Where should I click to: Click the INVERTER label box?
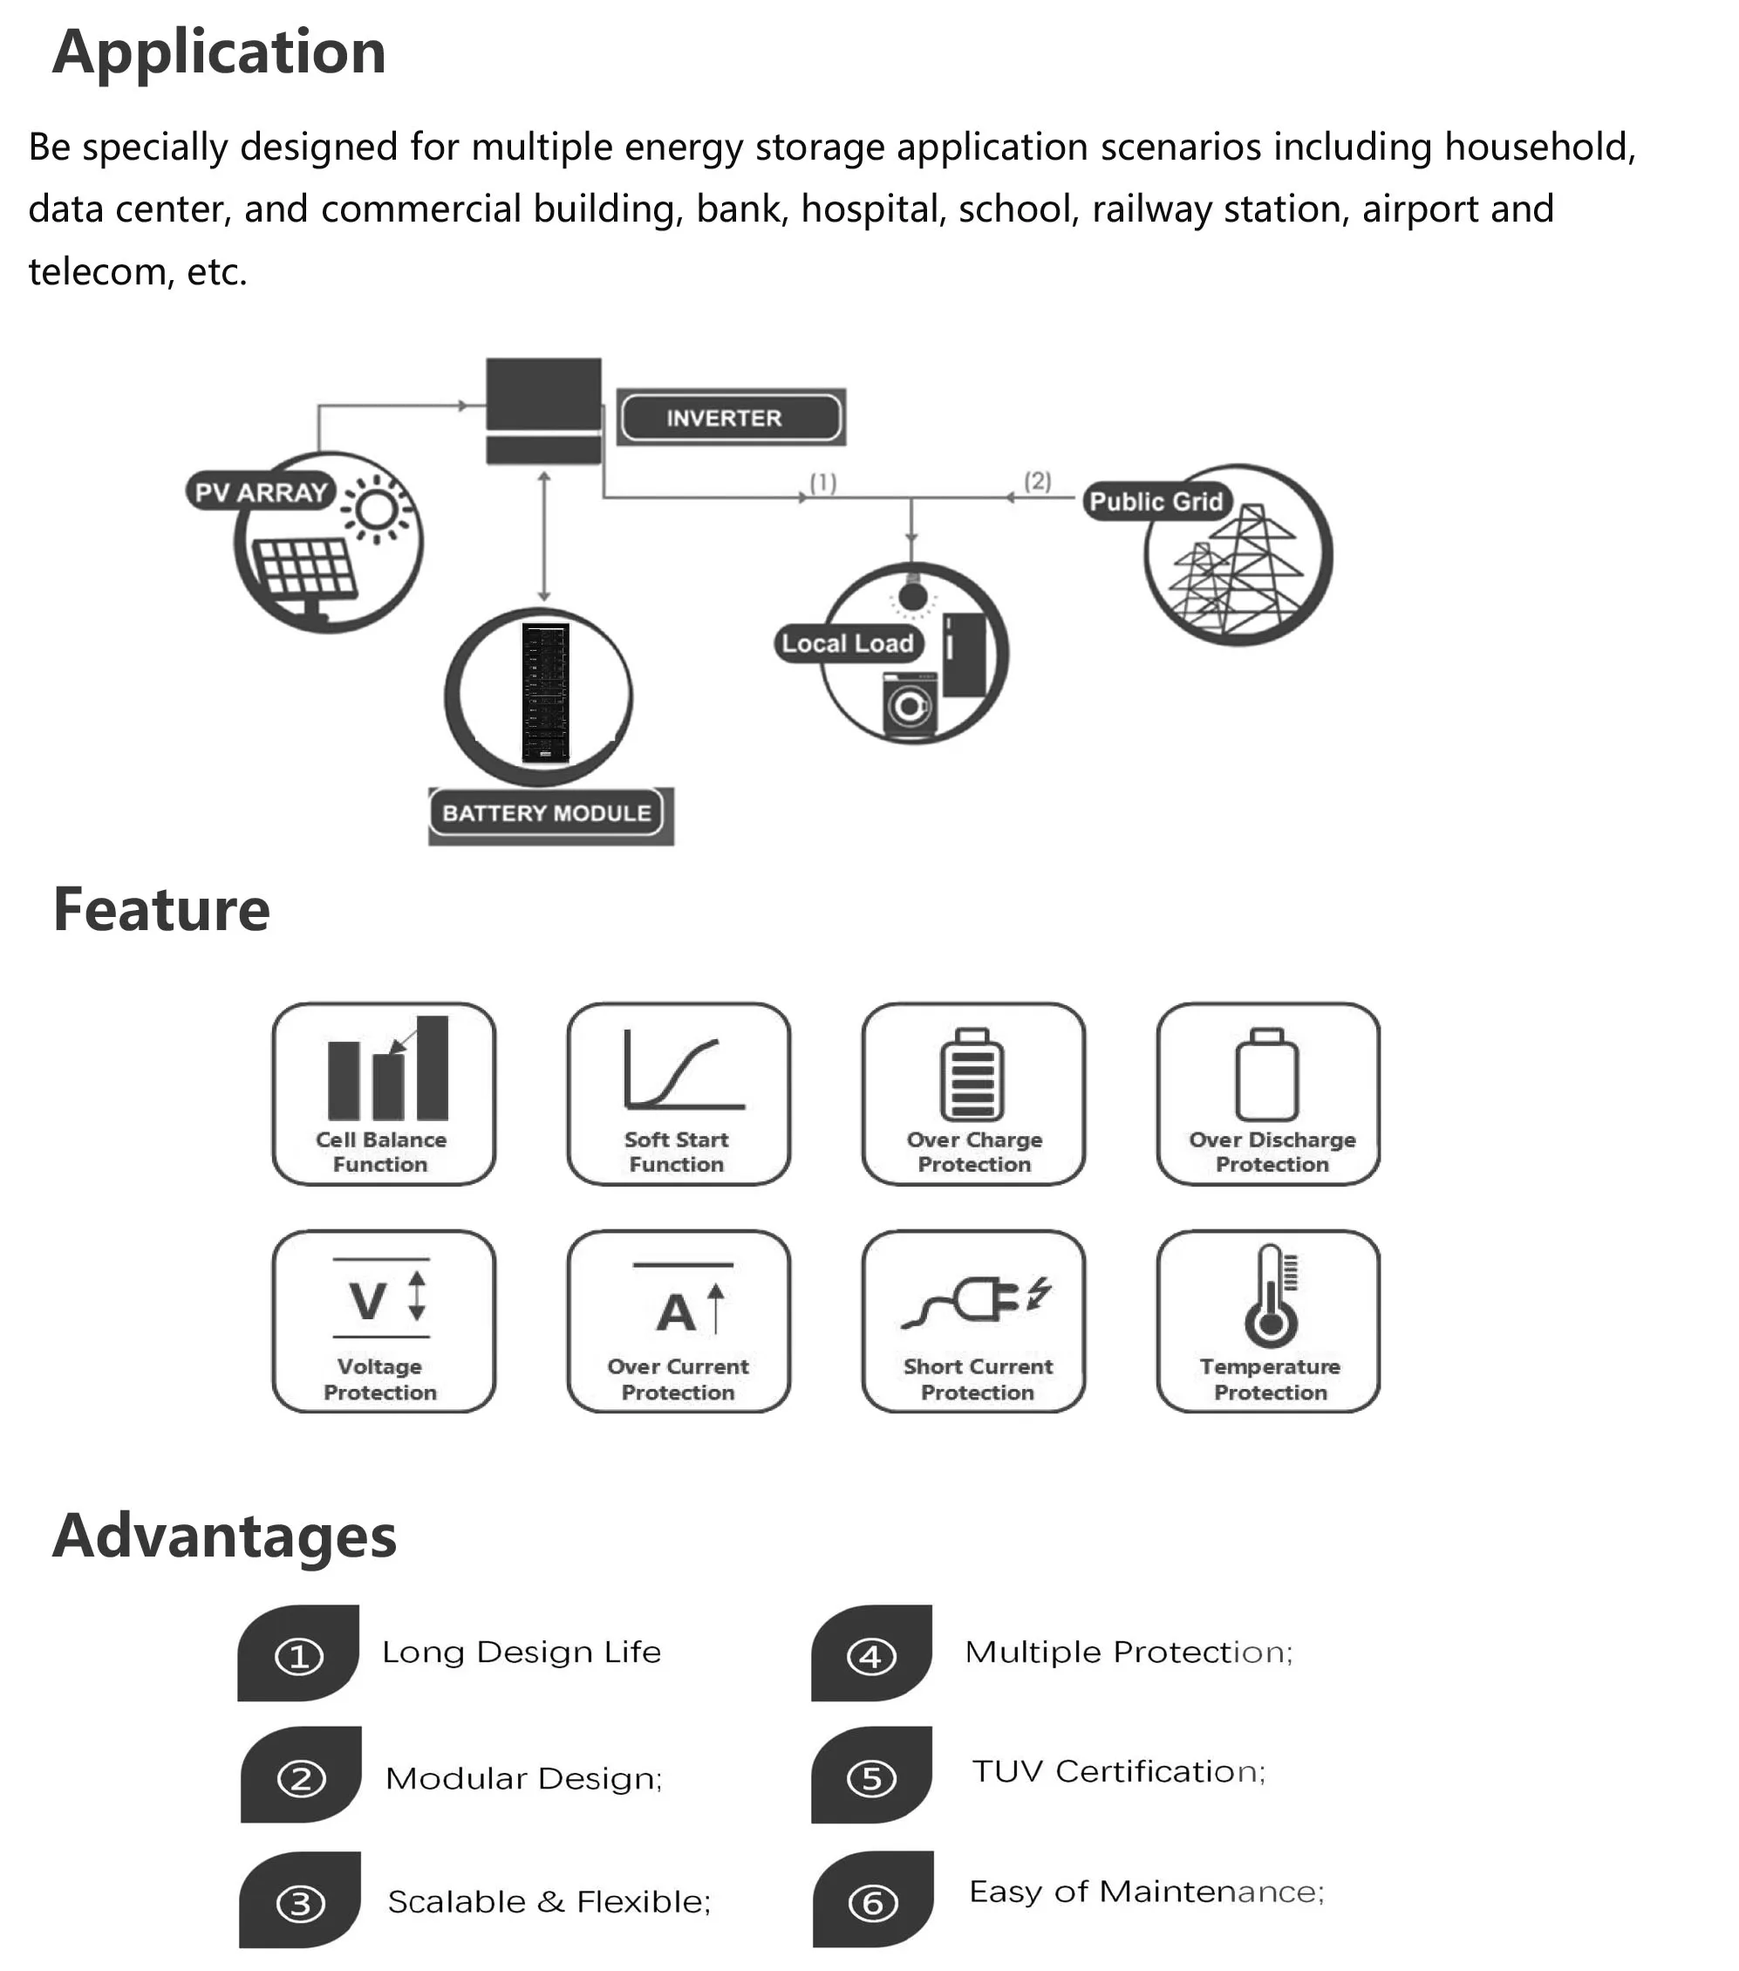click(x=730, y=418)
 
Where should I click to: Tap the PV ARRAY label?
click(x=260, y=492)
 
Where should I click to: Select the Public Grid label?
click(x=1155, y=502)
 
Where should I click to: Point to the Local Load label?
click(x=848, y=643)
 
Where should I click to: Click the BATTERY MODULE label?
click(x=547, y=813)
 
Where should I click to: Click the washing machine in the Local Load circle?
click(x=909, y=707)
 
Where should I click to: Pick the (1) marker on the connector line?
click(x=822, y=482)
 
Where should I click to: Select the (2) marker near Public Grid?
click(x=1037, y=480)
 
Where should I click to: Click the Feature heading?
click(x=161, y=909)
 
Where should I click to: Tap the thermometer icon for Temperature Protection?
click(x=1271, y=1296)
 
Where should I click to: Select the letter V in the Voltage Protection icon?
click(x=368, y=1302)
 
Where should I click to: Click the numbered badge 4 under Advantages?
click(x=871, y=1656)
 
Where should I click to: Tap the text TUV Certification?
click(x=1118, y=1771)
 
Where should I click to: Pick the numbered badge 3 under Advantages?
click(x=300, y=1904)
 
